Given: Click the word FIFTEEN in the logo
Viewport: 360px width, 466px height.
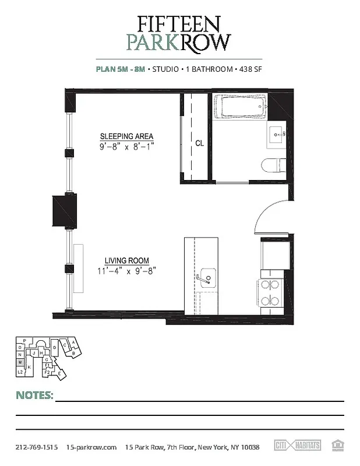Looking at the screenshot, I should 179,23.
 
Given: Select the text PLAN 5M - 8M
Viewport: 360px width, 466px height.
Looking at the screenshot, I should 120,69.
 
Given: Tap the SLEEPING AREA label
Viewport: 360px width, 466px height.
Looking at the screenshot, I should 126,137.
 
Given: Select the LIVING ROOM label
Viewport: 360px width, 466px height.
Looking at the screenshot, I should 127,260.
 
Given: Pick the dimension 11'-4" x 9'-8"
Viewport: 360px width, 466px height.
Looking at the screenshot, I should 127,270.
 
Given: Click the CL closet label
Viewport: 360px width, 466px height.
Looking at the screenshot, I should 199,142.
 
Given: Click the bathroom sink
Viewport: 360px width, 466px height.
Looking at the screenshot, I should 277,134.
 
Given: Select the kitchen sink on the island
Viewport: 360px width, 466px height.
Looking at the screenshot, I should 207,276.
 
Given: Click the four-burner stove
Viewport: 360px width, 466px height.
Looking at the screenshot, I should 270,293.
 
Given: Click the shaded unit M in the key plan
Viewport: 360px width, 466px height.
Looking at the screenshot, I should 20,362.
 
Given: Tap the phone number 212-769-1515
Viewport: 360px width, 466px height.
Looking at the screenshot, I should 36,447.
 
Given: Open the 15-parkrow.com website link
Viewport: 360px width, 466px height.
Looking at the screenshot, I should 92,447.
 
